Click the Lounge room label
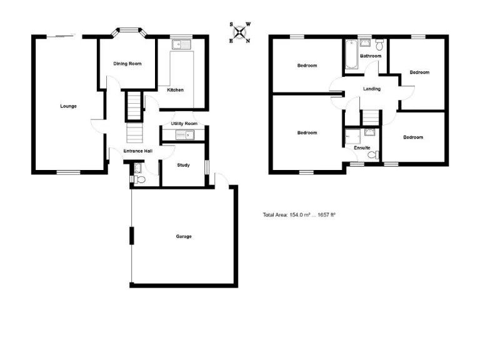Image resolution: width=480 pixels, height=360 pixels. (x=68, y=106)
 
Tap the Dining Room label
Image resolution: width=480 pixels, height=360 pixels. (x=127, y=64)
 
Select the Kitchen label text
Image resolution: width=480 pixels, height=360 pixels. (x=175, y=90)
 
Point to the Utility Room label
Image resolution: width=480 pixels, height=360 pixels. (x=184, y=124)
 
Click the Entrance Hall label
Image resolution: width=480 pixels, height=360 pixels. (x=137, y=151)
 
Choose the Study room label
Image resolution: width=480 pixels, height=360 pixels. (x=183, y=165)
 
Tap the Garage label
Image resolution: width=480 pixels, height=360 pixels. (x=183, y=236)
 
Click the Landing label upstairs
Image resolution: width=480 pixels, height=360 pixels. (x=372, y=89)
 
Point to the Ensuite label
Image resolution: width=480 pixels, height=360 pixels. (x=362, y=148)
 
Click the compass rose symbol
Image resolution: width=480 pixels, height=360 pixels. (x=240, y=32)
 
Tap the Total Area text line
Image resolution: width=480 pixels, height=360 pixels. (x=299, y=215)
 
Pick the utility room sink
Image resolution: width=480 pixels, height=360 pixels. (x=185, y=134)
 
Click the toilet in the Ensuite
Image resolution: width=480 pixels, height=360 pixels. (x=372, y=154)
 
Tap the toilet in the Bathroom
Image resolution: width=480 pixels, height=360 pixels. (x=380, y=43)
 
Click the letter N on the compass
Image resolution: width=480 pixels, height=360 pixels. (x=247, y=41)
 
